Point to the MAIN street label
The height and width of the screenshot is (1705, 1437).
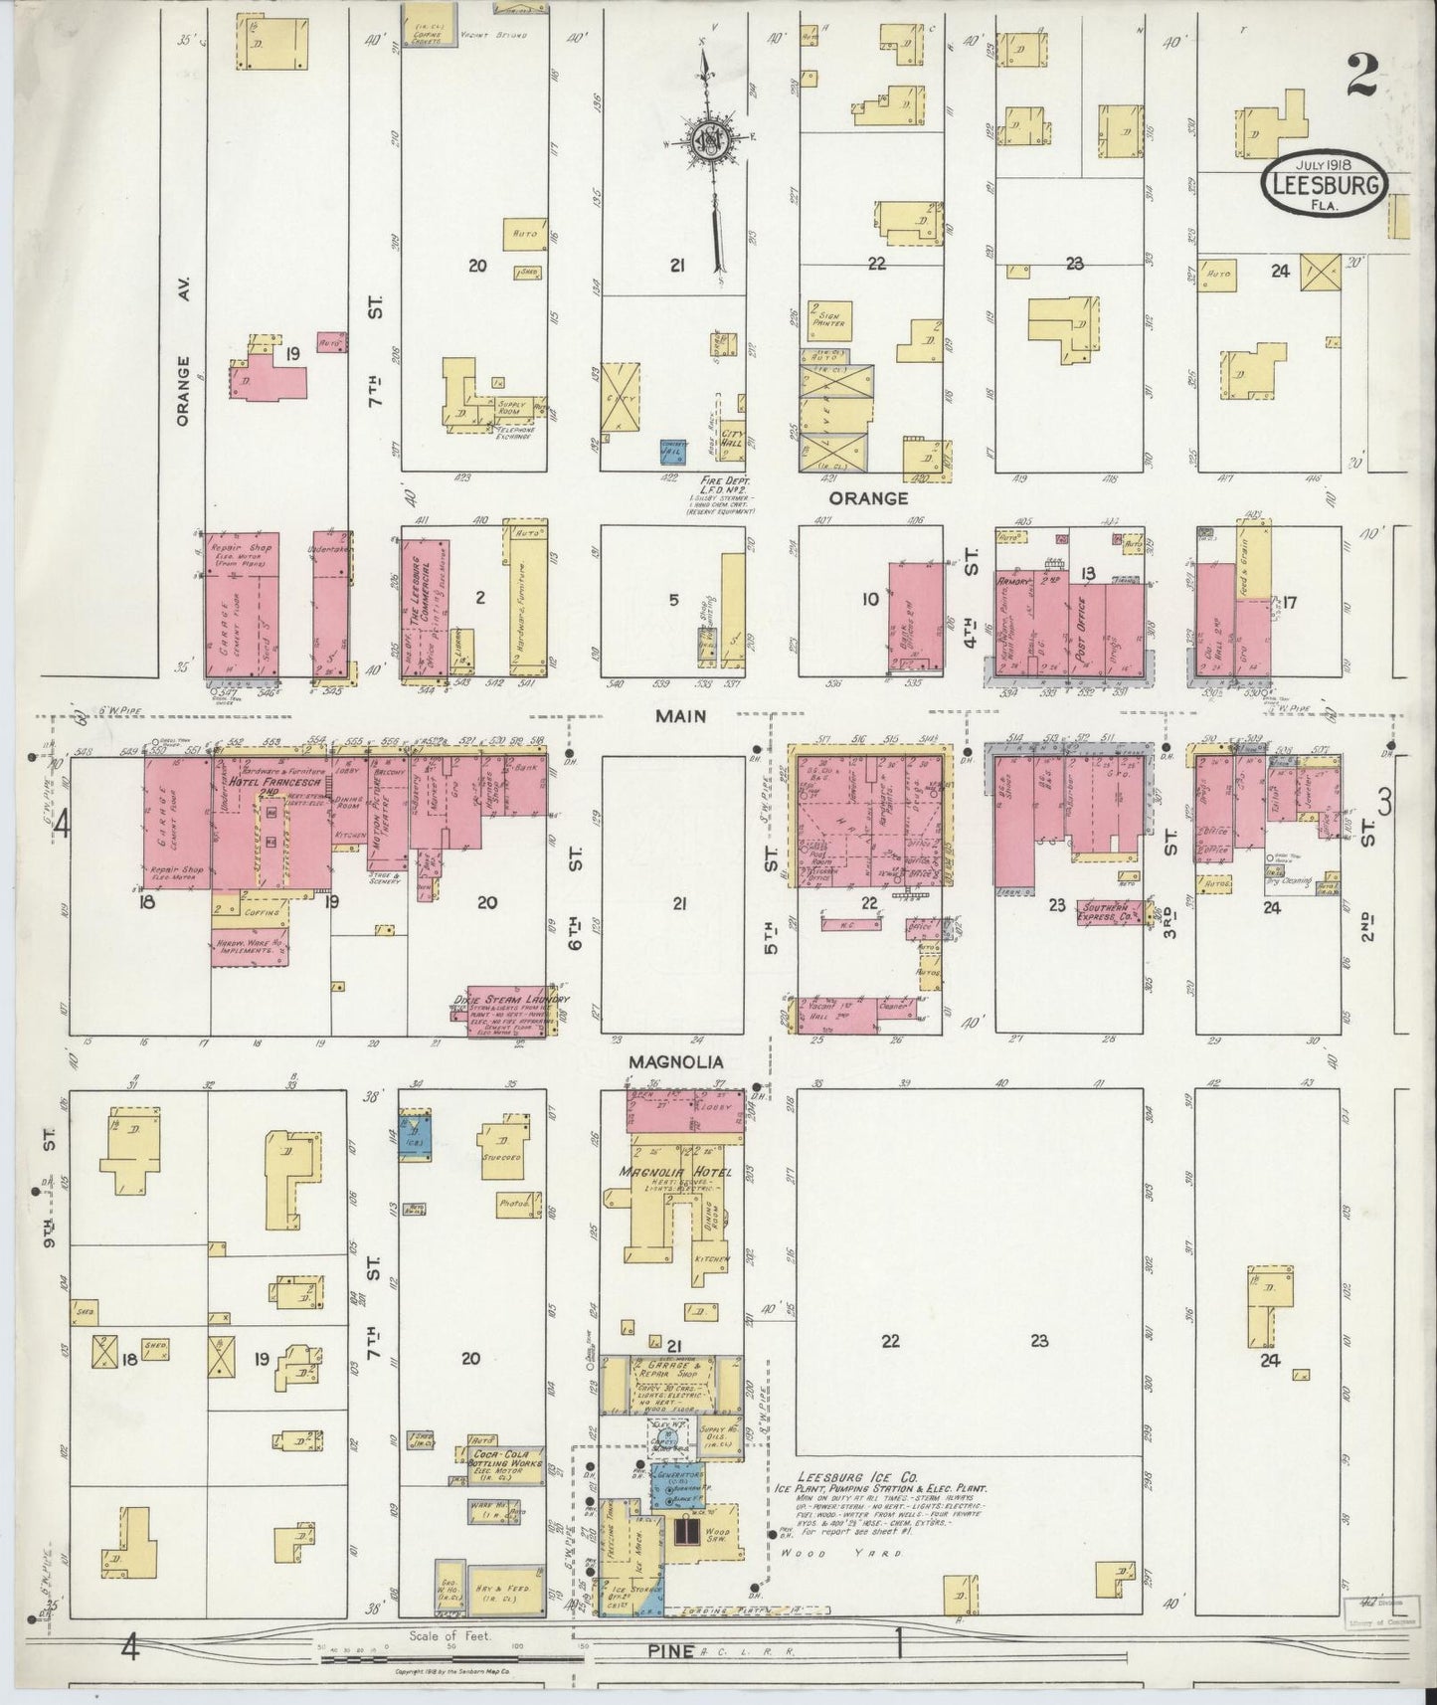(x=681, y=715)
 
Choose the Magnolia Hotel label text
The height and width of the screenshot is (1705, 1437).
(x=676, y=1172)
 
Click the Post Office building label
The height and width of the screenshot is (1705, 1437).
(x=1092, y=625)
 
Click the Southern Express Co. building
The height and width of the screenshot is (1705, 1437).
(x=1113, y=912)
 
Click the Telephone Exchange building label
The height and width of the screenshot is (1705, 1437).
(x=505, y=434)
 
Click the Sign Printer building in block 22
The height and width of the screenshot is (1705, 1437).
(x=827, y=316)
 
